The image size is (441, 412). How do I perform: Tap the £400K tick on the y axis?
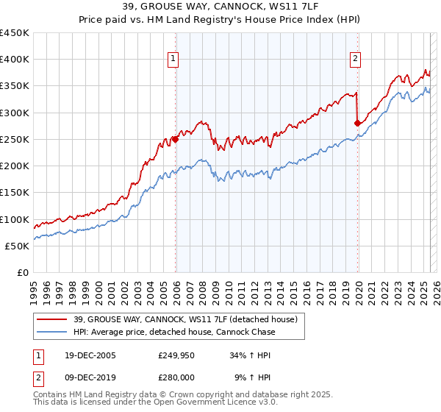coord(15,60)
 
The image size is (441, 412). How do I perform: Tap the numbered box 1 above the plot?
coord(173,60)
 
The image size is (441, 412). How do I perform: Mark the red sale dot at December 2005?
coord(176,139)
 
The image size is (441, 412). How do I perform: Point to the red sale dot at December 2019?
coord(357,123)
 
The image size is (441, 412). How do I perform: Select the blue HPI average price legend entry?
coord(174,332)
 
